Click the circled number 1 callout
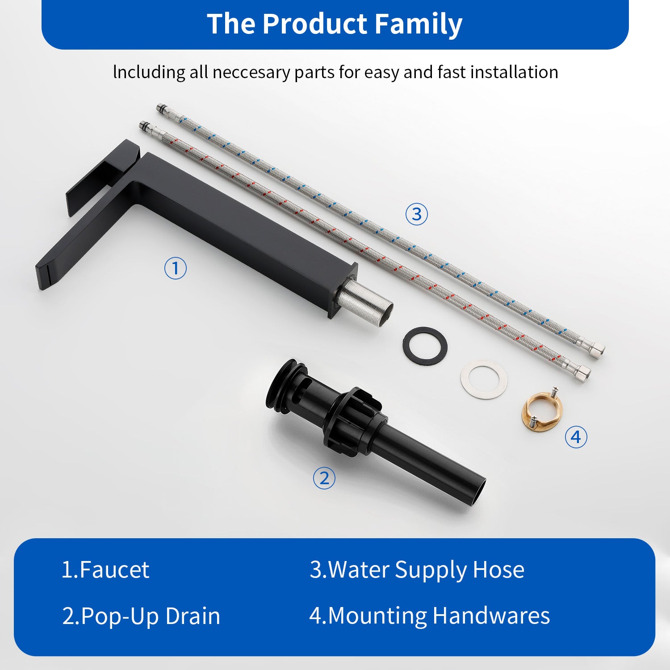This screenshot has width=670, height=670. [x=175, y=268]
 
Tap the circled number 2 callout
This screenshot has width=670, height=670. [x=324, y=478]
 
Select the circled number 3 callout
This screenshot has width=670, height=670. [x=416, y=214]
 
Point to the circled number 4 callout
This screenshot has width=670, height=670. [x=576, y=437]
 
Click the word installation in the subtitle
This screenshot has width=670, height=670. [x=514, y=72]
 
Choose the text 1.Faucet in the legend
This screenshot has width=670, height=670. [x=105, y=570]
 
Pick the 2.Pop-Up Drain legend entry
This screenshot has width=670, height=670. [x=141, y=616]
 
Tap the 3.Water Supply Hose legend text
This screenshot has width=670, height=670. [x=417, y=570]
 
